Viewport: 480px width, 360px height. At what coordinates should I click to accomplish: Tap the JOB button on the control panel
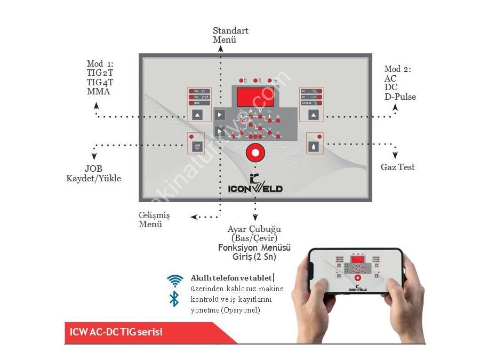tap(197, 144)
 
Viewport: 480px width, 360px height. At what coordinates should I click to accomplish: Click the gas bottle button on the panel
tap(314, 144)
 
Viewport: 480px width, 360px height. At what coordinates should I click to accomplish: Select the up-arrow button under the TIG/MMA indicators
tap(198, 114)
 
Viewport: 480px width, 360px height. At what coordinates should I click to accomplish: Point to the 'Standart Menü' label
tap(230, 35)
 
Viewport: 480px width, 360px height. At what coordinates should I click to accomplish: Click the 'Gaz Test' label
tap(397, 167)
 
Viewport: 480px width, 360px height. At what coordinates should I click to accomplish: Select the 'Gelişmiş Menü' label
tap(154, 219)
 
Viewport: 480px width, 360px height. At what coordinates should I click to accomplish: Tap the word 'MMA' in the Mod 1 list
tap(98, 91)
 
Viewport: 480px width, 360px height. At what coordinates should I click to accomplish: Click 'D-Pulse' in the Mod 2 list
tap(400, 97)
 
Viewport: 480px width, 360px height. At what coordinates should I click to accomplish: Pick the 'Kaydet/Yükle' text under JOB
tap(93, 178)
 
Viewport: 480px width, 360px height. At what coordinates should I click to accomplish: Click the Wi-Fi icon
tap(174, 281)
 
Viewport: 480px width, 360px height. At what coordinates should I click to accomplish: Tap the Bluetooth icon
tap(174, 299)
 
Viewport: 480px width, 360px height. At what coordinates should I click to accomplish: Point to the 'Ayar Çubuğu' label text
tap(254, 229)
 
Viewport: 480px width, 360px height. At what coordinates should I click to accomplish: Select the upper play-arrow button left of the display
tap(220, 114)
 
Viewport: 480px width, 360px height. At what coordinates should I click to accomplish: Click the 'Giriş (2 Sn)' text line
tap(254, 257)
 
